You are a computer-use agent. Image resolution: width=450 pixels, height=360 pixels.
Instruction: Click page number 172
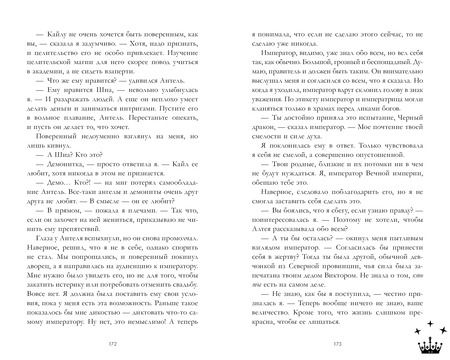[113, 345]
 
